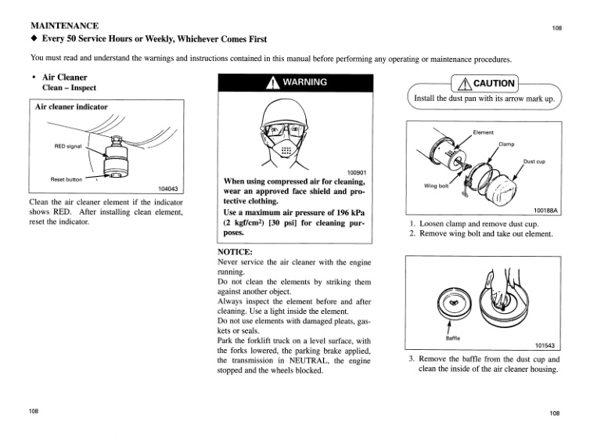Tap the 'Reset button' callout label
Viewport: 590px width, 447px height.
pyautogui.click(x=67, y=178)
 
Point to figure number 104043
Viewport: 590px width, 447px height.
pyautogui.click(x=168, y=188)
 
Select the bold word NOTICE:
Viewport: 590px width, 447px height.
pyautogui.click(x=236, y=252)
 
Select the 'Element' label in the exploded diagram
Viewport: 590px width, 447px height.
pyautogui.click(x=484, y=132)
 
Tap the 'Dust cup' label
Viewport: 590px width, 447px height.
pyautogui.click(x=534, y=161)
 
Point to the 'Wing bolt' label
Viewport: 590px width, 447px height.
pyautogui.click(x=436, y=186)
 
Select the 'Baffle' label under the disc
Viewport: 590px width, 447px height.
pyautogui.click(x=452, y=339)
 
